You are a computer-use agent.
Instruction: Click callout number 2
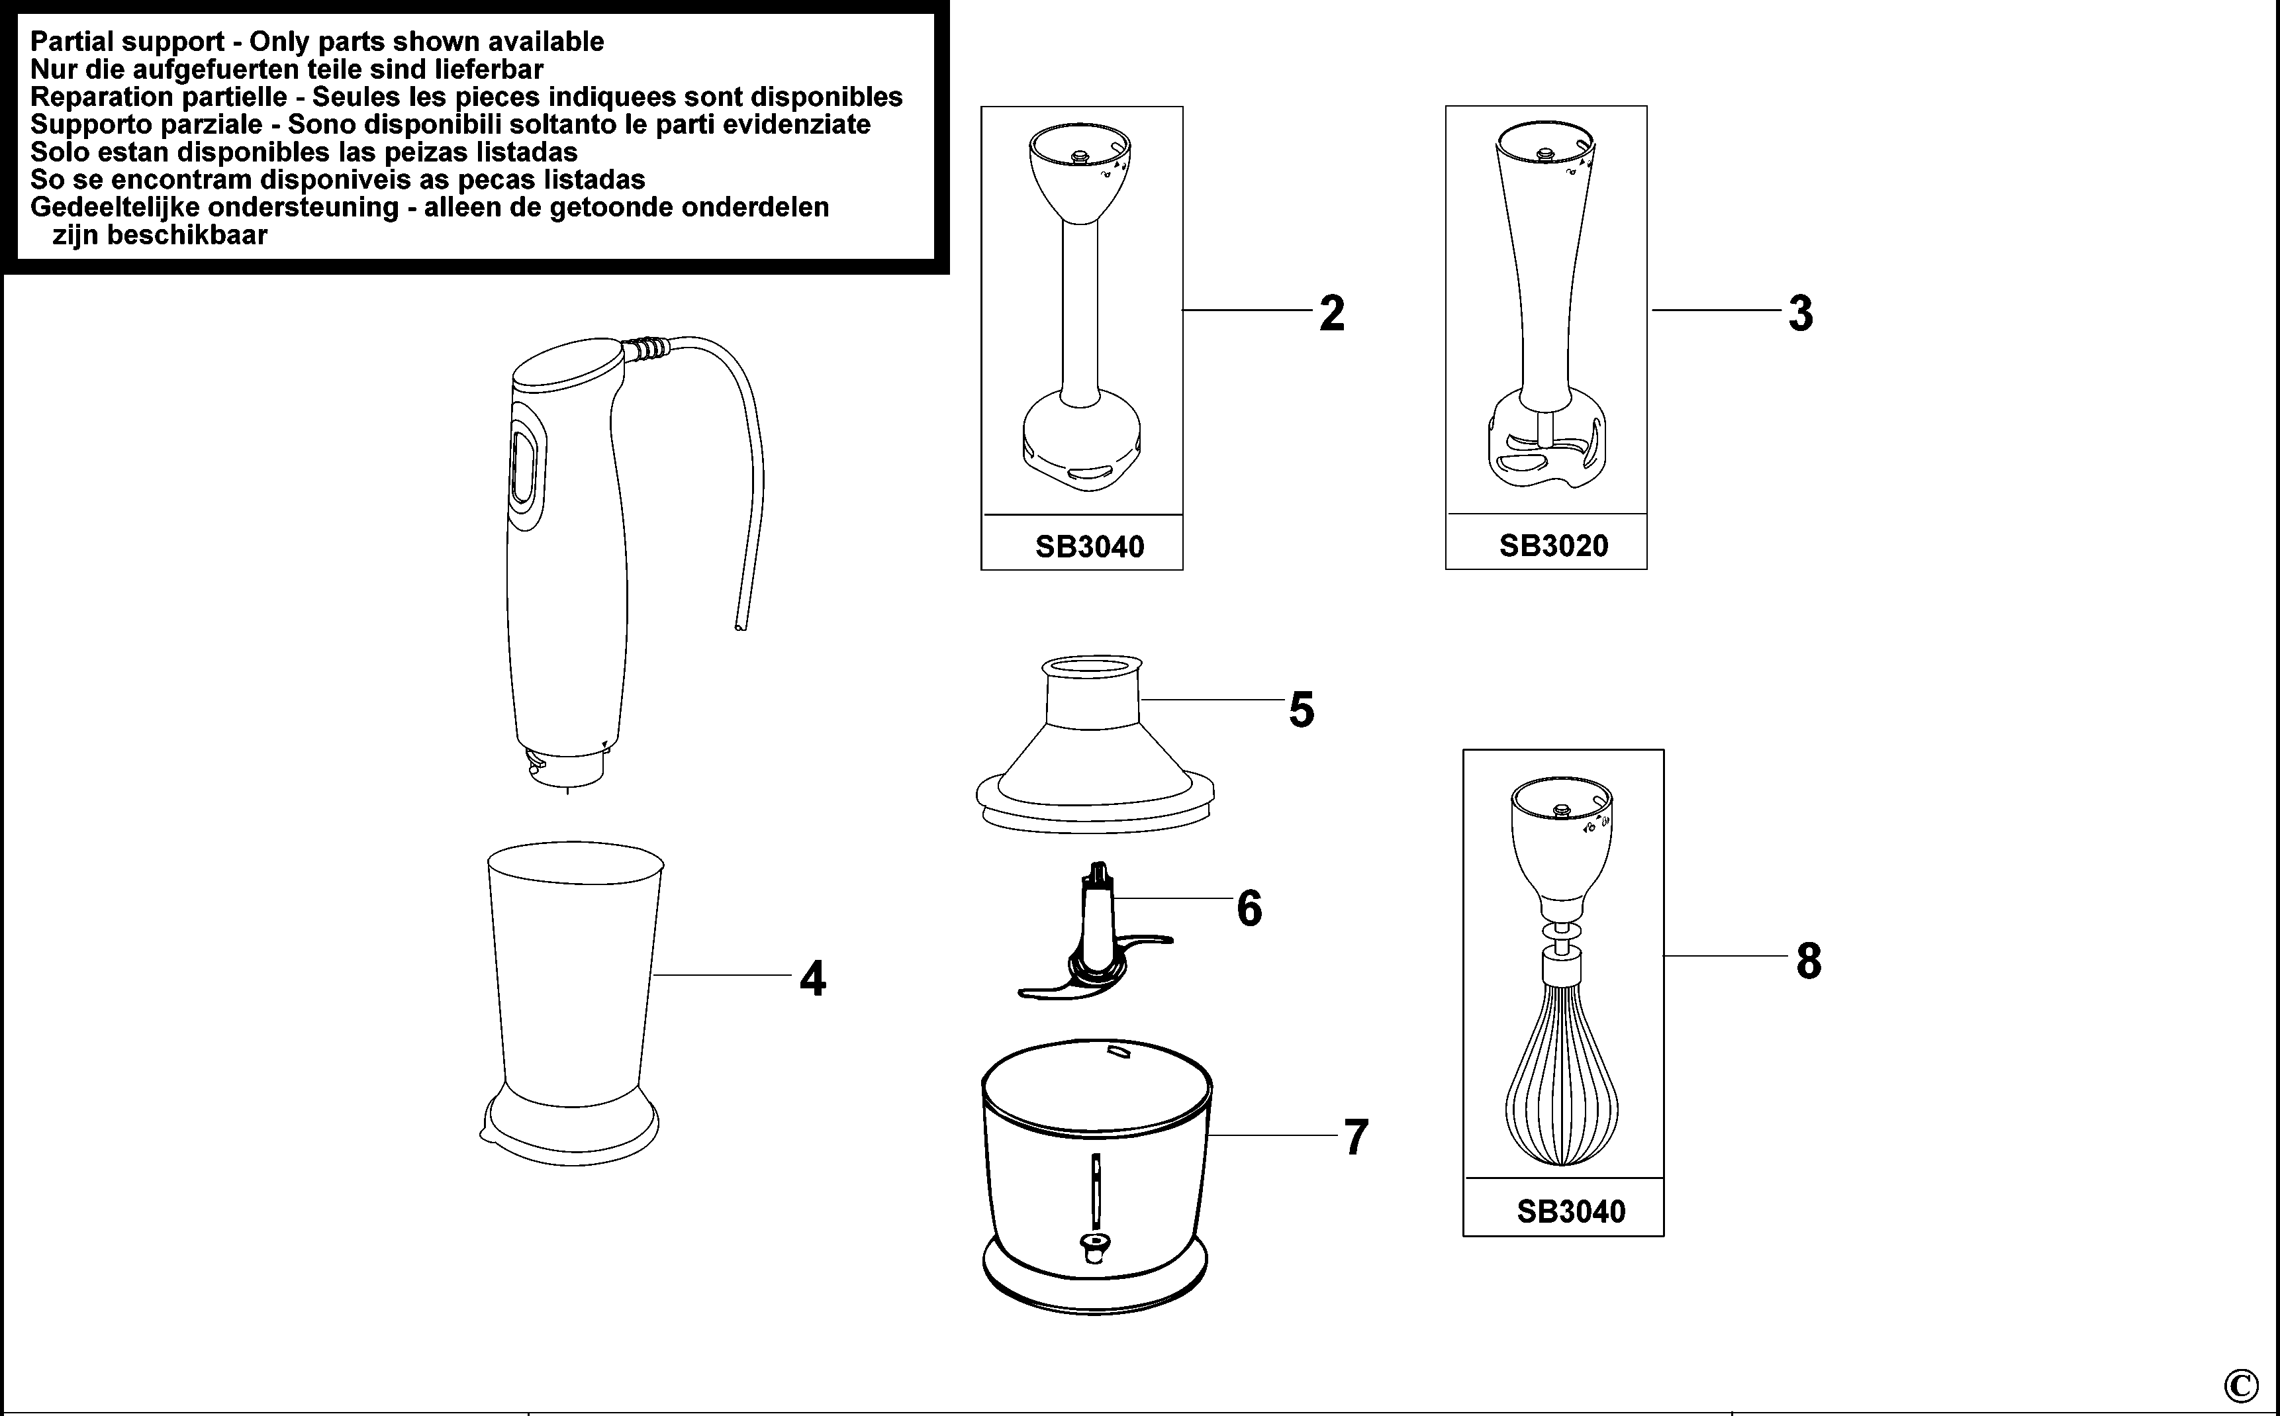point(1331,314)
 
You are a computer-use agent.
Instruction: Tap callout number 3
point(1799,314)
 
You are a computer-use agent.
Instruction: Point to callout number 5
point(1302,710)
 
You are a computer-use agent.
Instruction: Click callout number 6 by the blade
point(1249,908)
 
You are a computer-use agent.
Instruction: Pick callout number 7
point(1356,1138)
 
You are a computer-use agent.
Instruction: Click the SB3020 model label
point(1553,546)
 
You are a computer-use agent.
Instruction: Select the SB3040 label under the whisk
point(1570,1212)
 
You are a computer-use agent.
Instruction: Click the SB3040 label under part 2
point(1089,547)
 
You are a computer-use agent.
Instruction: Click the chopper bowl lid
point(1094,749)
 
